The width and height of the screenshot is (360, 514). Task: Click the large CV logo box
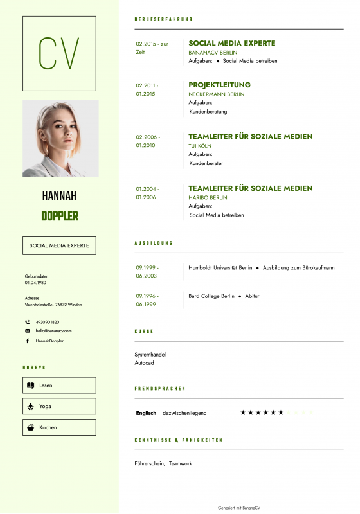(x=59, y=53)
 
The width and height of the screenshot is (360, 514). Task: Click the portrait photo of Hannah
(x=60, y=138)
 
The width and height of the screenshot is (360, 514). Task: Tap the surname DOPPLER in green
(x=60, y=216)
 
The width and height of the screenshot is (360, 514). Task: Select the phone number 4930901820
(x=47, y=322)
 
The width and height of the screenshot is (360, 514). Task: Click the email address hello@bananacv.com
(x=53, y=330)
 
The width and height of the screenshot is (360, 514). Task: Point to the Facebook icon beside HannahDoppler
(x=28, y=341)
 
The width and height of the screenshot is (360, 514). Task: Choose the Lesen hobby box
(x=59, y=385)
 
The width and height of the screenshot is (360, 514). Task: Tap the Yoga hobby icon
(x=30, y=406)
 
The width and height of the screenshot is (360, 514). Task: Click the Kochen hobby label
(x=48, y=427)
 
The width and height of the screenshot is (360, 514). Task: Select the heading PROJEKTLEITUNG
(x=219, y=85)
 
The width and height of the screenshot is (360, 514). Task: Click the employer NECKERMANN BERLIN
(x=216, y=94)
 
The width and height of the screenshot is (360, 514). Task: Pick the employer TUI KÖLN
(x=200, y=146)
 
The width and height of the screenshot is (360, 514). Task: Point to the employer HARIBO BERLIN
(x=208, y=197)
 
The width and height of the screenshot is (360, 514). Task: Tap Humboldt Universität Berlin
(x=220, y=267)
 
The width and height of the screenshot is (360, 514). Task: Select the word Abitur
(x=252, y=296)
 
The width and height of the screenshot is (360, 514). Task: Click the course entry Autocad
(x=144, y=363)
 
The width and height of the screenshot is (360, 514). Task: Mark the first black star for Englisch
(x=243, y=412)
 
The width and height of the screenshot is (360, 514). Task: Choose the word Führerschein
(x=149, y=463)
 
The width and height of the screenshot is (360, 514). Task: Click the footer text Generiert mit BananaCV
(x=239, y=507)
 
